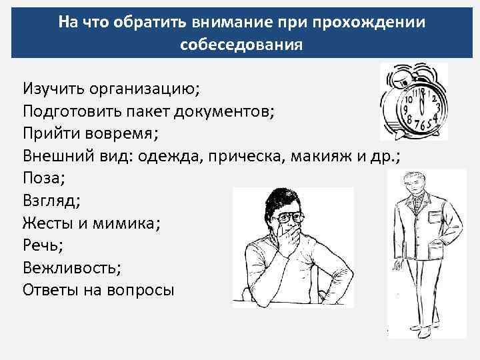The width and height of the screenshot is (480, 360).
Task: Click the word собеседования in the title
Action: pyautogui.click(x=240, y=45)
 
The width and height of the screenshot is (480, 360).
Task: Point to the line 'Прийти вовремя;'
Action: pyautogui.click(x=91, y=132)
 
